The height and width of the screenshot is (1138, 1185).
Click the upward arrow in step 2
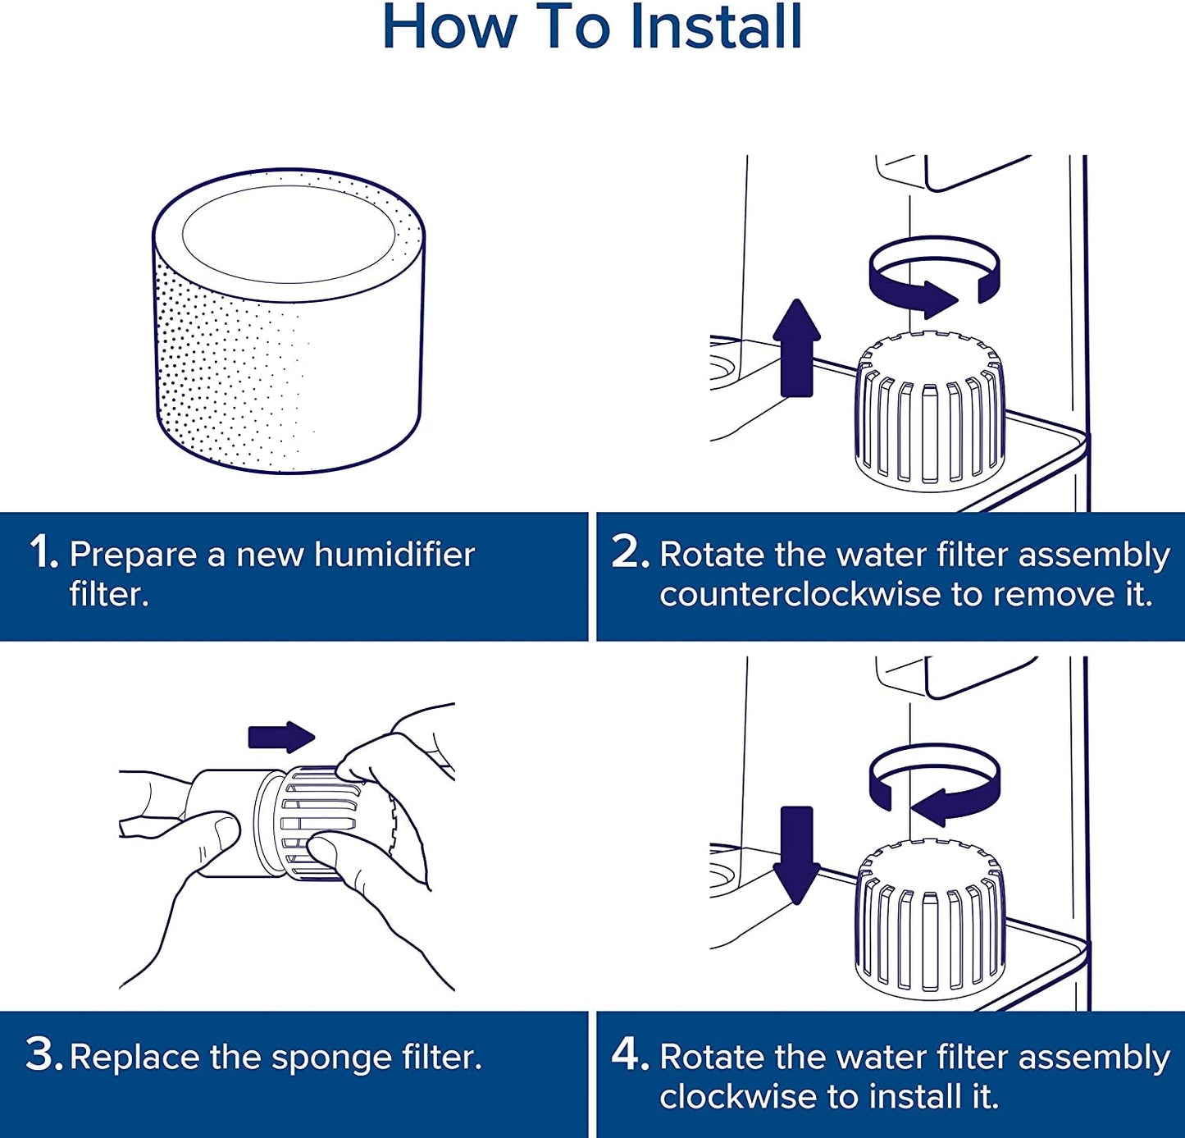(796, 349)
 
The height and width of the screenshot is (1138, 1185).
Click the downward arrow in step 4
(796, 853)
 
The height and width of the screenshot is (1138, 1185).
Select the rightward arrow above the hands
(281, 737)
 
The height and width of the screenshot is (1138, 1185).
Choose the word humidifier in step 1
(394, 555)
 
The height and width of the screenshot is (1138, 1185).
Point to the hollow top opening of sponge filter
(288, 234)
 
